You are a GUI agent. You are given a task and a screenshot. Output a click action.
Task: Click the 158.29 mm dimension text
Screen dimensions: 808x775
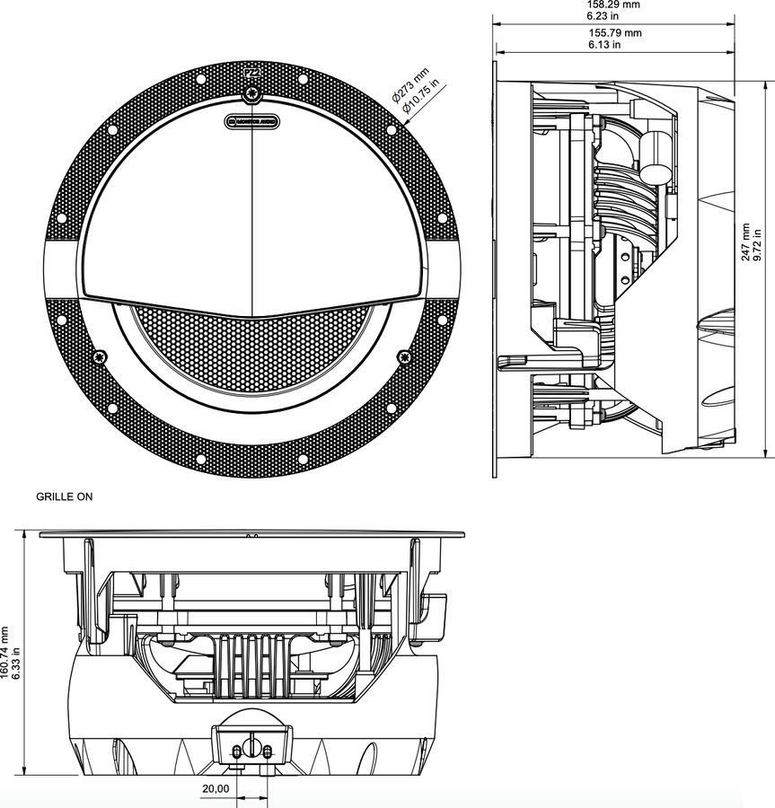point(613,4)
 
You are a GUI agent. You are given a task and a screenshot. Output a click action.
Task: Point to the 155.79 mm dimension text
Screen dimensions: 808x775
point(614,33)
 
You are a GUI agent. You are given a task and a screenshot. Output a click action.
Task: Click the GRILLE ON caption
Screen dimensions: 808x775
point(64,496)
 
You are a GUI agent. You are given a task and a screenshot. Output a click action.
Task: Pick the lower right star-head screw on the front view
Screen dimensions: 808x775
point(404,357)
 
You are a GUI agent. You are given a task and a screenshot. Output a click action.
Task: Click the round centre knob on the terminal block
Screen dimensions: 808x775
point(252,749)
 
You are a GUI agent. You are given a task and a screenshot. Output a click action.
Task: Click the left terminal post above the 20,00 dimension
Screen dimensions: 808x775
point(236,750)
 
